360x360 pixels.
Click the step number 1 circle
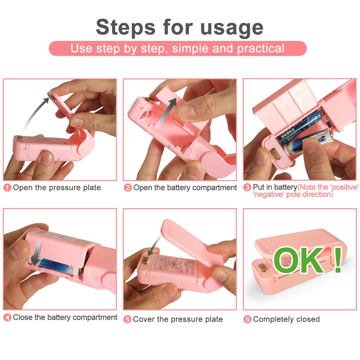point(7,188)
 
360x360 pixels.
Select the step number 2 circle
point(128,188)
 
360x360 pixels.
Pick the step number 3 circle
point(247,188)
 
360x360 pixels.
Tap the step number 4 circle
point(7,318)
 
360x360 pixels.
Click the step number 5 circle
point(127,319)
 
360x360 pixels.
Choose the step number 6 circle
point(247,319)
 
